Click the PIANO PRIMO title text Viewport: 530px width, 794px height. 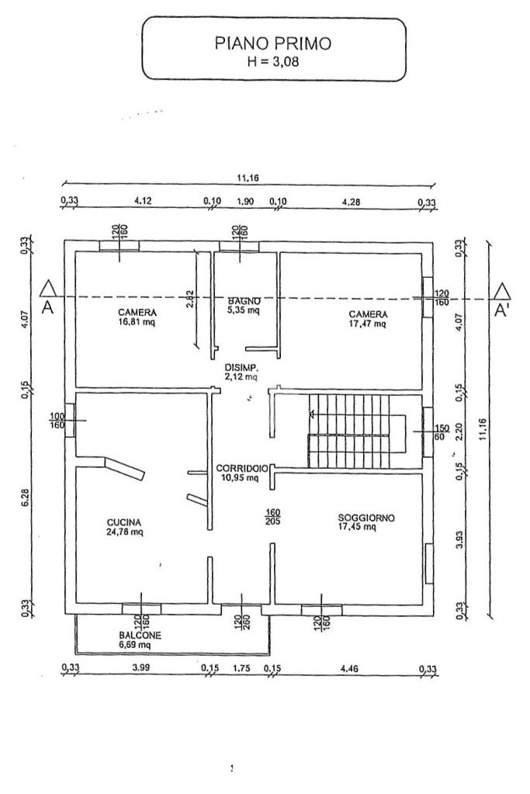point(273,43)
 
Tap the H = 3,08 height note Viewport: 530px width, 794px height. point(273,62)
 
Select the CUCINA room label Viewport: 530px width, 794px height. point(124,522)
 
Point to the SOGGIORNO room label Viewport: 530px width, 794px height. point(366,518)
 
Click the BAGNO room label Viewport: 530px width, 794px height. point(244,301)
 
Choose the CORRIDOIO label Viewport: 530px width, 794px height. point(242,468)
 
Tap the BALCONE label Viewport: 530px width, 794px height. point(140,635)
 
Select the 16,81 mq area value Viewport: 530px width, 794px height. point(137,321)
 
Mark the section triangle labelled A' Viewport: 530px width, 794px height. point(502,291)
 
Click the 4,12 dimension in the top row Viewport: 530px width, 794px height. point(144,201)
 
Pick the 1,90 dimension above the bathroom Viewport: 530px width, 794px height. point(245,201)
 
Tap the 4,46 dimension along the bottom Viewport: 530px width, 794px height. point(349,668)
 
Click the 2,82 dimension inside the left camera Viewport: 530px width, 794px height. point(189,299)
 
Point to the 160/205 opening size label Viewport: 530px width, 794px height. point(272,516)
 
